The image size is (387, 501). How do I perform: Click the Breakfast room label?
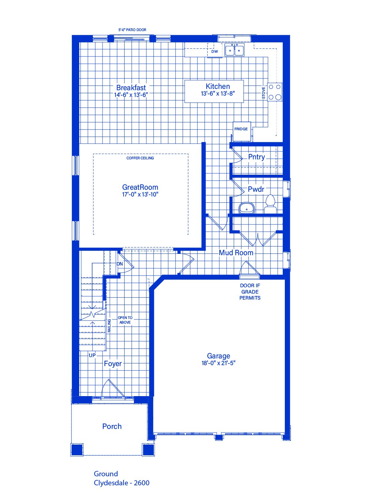pyautogui.click(x=131, y=88)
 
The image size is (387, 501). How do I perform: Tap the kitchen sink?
pyautogui.click(x=234, y=50)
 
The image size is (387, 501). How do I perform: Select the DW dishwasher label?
pyautogui.click(x=215, y=51)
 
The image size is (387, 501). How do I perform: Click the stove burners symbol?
pyautogui.click(x=275, y=92)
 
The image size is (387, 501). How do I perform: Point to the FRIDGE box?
pyautogui.click(x=242, y=131)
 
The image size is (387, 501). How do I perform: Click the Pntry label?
pyautogui.click(x=256, y=157)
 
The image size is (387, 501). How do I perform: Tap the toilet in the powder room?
pyautogui.click(x=270, y=204)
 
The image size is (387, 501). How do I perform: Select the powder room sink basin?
pyautogui.click(x=247, y=208)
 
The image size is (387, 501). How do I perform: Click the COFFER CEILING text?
pyautogui.click(x=140, y=158)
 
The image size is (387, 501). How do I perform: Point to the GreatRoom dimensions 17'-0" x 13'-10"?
pyautogui.click(x=140, y=194)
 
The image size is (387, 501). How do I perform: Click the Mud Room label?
pyautogui.click(x=236, y=253)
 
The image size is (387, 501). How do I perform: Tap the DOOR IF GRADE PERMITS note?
pyautogui.click(x=250, y=292)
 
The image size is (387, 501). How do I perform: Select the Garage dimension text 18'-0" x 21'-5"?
pyautogui.click(x=218, y=363)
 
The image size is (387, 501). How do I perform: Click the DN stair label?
pyautogui.click(x=120, y=264)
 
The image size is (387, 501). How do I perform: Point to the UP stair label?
pyautogui.click(x=92, y=355)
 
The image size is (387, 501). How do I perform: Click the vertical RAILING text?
pyautogui.click(x=109, y=326)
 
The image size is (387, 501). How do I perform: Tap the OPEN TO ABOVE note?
pyautogui.click(x=125, y=320)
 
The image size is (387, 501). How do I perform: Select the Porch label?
pyautogui.click(x=112, y=426)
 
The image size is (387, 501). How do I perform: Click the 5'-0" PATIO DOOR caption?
pyautogui.click(x=132, y=30)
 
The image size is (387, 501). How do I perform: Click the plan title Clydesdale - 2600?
pyautogui.click(x=122, y=483)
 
